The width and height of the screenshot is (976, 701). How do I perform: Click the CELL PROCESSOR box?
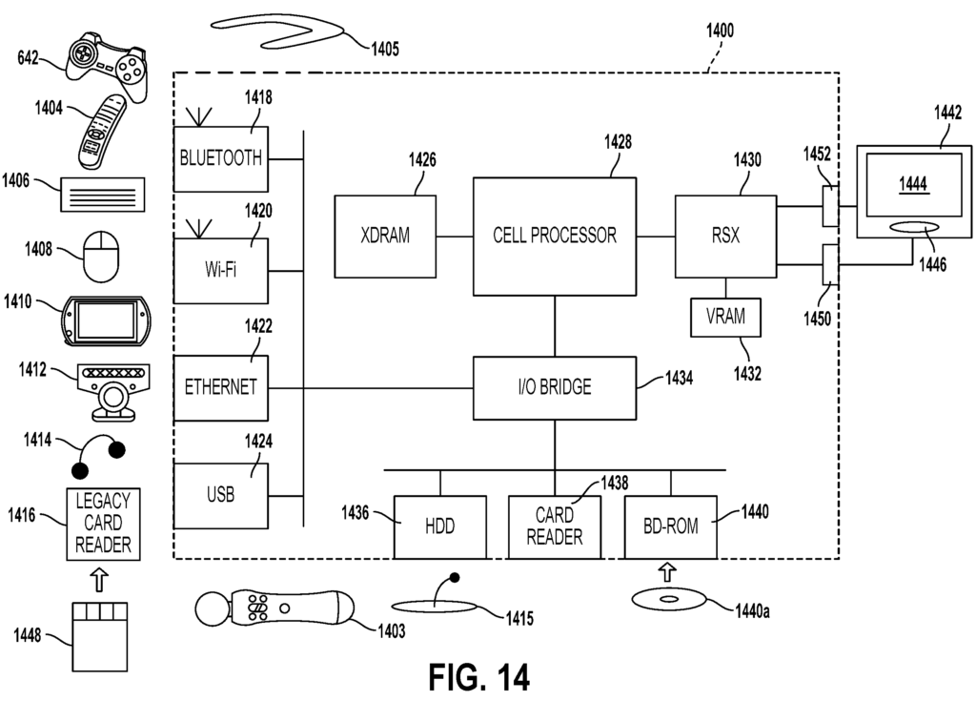(x=555, y=235)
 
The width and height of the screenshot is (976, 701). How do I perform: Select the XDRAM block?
(x=385, y=235)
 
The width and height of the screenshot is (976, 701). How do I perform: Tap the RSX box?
(x=726, y=235)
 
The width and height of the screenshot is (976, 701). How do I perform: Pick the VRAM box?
(x=726, y=317)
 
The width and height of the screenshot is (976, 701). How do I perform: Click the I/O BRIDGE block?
(x=555, y=387)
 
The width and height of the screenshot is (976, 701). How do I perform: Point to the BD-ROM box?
(x=669, y=526)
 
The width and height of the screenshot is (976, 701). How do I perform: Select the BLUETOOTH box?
(x=221, y=158)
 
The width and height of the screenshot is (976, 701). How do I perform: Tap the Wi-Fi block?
(x=221, y=271)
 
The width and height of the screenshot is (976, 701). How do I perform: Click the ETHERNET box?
(x=221, y=387)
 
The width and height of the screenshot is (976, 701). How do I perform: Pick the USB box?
(x=221, y=496)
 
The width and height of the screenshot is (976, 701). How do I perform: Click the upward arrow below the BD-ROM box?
(x=668, y=571)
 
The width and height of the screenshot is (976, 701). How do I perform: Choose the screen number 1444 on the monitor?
(x=914, y=184)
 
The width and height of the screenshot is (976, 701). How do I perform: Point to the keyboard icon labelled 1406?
(x=103, y=195)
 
